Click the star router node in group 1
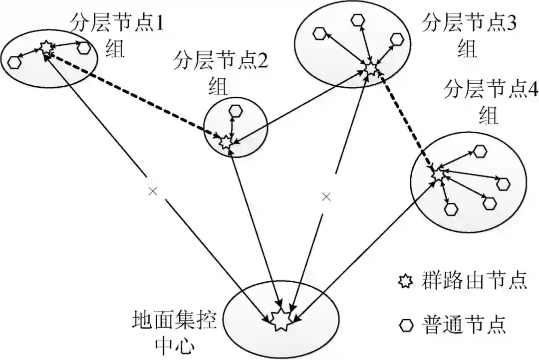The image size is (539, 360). tap(46, 48)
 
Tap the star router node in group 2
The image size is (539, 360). tap(225, 141)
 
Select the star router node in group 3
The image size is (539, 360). tap(370, 68)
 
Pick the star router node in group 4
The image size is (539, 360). tap(438, 174)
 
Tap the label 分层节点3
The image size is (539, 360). tap(469, 23)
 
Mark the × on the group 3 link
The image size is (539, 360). tap(326, 197)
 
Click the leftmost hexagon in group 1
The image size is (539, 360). tap(15, 62)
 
